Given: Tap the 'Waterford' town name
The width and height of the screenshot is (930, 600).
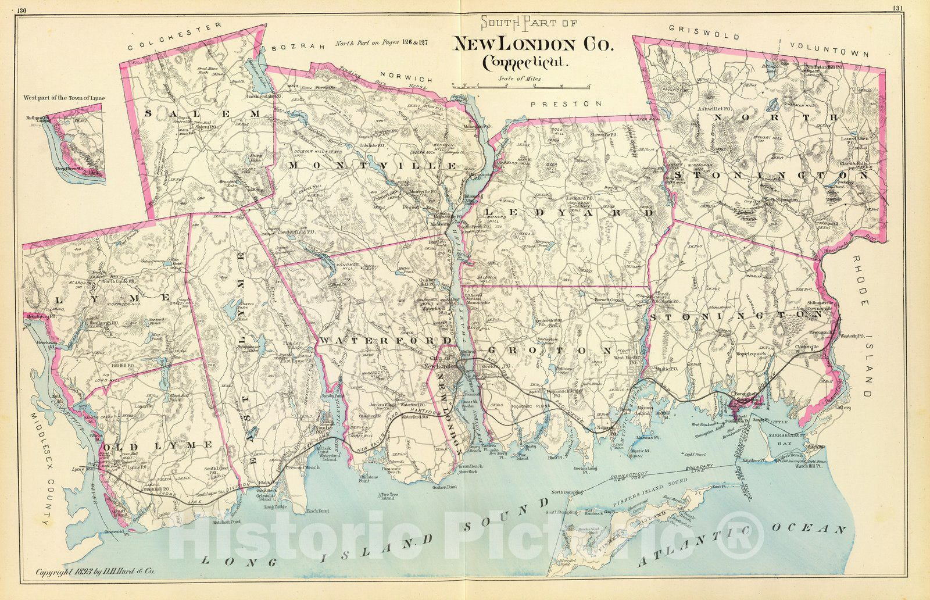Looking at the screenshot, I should [385, 340].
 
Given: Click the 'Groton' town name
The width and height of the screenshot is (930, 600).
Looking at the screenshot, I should [549, 350].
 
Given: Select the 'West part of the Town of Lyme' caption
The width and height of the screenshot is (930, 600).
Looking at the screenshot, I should [64, 98].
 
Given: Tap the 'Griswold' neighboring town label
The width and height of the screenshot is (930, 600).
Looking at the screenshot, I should [703, 32].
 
